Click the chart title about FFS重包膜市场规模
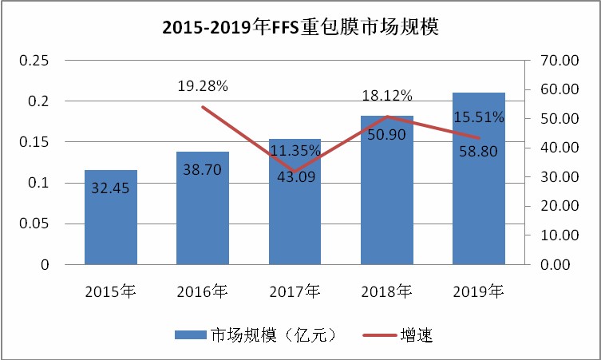click(x=301, y=29)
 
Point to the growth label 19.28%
click(x=203, y=85)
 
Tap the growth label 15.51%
click(x=478, y=117)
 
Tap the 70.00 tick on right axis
click(x=558, y=61)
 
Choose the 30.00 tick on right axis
click(x=558, y=177)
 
